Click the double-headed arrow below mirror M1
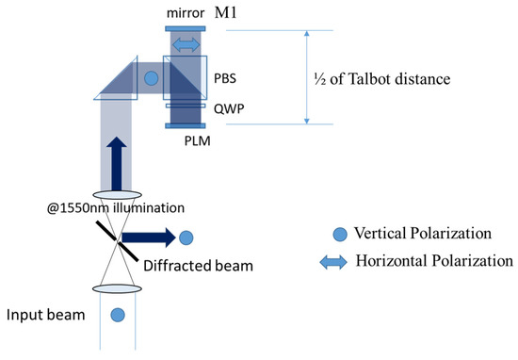pyautogui.click(x=185, y=45)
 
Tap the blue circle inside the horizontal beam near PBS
pyautogui.click(x=151, y=78)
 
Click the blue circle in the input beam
pyautogui.click(x=118, y=313)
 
